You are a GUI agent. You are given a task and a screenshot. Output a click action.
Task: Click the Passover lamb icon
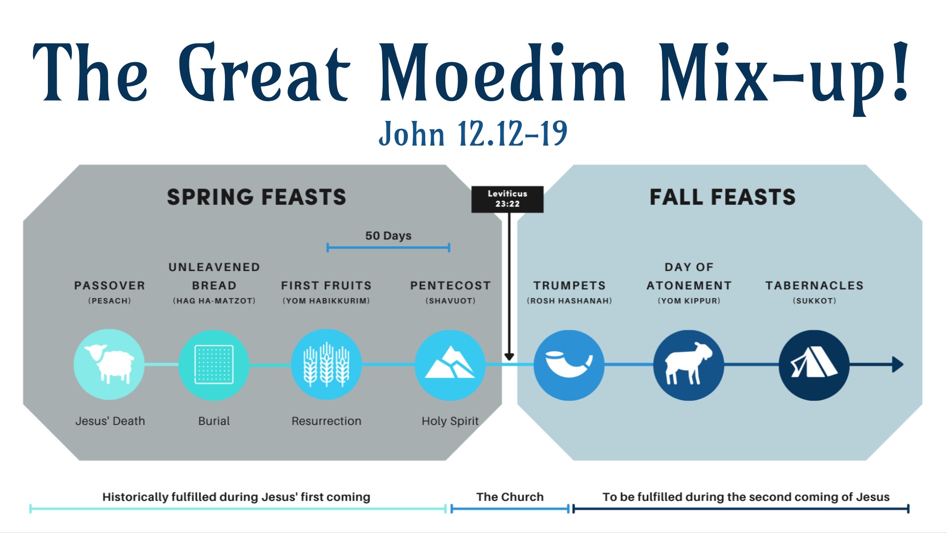(109, 365)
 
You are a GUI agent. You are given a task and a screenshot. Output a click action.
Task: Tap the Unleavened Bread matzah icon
(214, 365)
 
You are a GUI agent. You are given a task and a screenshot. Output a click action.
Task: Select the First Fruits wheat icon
(326, 365)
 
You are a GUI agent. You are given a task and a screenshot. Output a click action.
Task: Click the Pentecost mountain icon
(450, 365)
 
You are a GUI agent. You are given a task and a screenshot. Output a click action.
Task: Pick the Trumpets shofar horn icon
(569, 365)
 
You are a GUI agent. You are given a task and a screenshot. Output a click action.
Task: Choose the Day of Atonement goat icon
(689, 365)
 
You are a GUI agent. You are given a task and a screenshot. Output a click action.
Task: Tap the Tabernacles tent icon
(814, 365)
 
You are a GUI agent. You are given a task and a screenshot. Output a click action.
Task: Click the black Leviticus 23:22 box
(508, 199)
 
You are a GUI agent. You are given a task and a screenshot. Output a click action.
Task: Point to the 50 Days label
(388, 236)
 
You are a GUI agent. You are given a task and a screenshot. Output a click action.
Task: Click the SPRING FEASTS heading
(256, 197)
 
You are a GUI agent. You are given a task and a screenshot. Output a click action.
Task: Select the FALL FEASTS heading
(723, 197)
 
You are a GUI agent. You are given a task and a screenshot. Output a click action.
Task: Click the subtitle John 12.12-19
(473, 134)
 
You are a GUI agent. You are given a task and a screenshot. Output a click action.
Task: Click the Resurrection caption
(326, 421)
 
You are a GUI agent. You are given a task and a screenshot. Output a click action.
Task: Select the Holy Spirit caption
(450, 421)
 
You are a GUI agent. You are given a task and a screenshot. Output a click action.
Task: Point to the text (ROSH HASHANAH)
(569, 301)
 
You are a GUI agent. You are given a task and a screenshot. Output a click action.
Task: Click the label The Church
(510, 497)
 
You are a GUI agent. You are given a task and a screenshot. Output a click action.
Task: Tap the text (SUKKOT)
(814, 301)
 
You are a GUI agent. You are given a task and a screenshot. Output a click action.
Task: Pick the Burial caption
(214, 421)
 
